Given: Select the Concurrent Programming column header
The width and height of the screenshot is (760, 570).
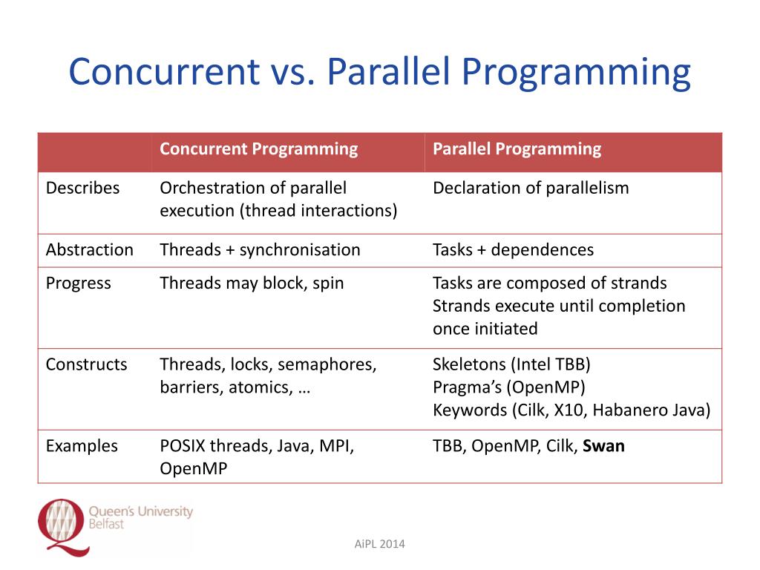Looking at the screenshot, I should tap(258, 148).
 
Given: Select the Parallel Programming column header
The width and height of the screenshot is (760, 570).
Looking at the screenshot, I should tap(517, 148).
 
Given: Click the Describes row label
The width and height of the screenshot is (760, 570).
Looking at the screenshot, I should tap(82, 188).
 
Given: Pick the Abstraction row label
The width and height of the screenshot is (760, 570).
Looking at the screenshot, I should tap(89, 249).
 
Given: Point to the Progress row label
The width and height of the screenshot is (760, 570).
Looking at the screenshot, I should tap(78, 283).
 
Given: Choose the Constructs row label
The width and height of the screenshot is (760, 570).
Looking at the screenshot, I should tap(86, 364).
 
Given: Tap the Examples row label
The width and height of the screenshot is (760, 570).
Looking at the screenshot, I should tap(82, 446).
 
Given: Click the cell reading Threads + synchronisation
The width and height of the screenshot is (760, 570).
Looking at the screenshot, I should tap(260, 249).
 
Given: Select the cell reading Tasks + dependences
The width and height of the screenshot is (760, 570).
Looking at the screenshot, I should tap(513, 249).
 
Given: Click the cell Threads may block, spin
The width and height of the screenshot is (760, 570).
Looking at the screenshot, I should tap(252, 283).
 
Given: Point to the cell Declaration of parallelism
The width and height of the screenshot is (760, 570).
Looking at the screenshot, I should tap(530, 188).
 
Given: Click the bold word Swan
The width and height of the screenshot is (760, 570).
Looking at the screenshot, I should tap(603, 446).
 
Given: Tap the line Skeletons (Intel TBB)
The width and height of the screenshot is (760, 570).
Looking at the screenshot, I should tap(511, 364).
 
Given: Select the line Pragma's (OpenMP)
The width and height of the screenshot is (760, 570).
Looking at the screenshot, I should tap(508, 387).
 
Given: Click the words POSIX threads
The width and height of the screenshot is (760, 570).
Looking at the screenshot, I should tap(209, 446).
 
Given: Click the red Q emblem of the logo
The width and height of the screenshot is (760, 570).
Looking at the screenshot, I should tap(62, 524).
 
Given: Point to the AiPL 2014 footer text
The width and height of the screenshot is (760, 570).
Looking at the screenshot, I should tap(380, 545).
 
